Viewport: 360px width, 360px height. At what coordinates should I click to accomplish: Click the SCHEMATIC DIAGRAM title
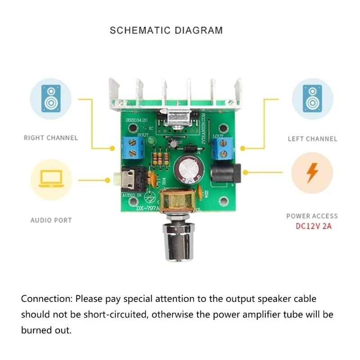coord(166,31)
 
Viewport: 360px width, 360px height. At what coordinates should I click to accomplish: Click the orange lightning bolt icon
coord(312,174)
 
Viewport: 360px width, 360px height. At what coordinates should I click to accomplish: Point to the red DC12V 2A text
coord(314,226)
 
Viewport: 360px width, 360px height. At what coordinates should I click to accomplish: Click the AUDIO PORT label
coord(51,220)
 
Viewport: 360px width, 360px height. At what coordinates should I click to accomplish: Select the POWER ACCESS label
coord(312,216)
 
